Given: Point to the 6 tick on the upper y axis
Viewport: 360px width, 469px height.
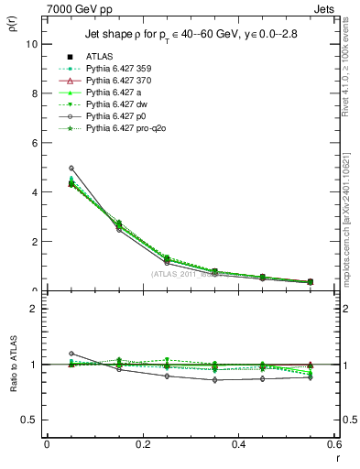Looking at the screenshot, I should [x=35, y=143].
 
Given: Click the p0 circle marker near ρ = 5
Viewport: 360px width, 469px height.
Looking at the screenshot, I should [x=71, y=168].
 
